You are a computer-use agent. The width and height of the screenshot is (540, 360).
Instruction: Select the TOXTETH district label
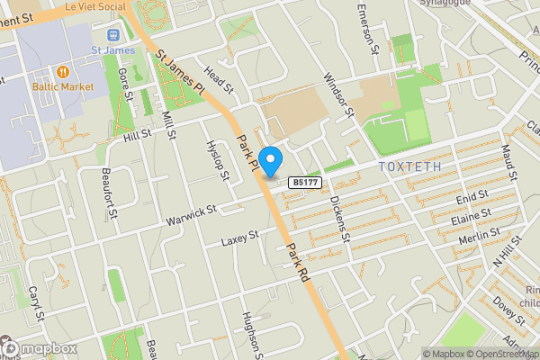tap(409, 166)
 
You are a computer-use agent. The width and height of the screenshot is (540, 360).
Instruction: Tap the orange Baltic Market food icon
tap(64, 69)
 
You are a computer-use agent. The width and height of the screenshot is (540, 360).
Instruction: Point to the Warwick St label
tap(192, 215)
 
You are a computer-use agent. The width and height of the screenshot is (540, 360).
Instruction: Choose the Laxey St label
tap(239, 238)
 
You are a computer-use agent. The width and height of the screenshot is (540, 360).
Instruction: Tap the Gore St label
tap(126, 85)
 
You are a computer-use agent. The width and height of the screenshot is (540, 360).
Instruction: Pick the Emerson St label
tap(368, 28)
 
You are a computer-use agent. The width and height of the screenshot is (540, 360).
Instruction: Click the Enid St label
tap(472, 195)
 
